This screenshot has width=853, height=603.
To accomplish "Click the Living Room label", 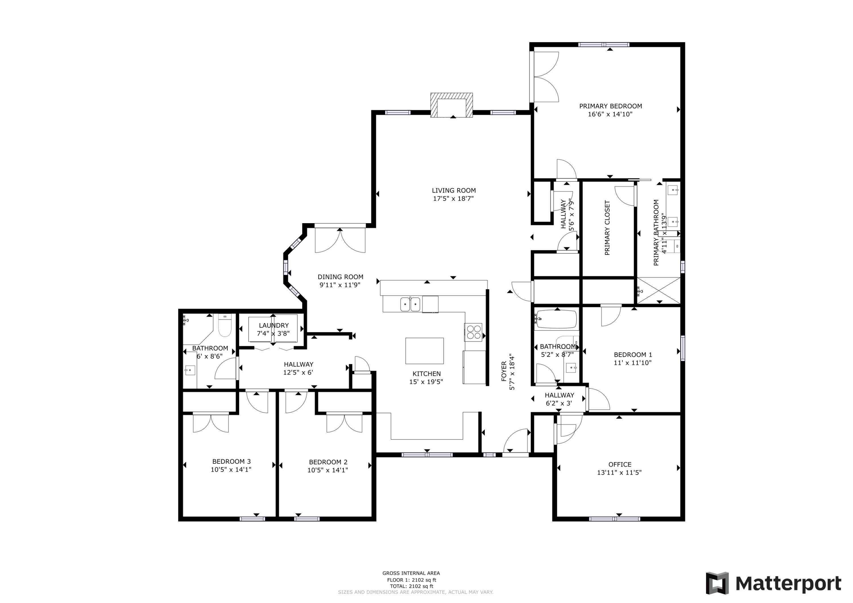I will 453,190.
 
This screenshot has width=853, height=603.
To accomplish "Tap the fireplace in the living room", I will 452,105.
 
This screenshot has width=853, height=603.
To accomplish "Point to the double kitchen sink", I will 410,304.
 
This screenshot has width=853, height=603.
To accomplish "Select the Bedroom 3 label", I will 231,461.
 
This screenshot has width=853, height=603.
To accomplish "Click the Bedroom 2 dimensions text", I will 327,470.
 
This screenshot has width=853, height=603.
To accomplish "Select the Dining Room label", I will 340,277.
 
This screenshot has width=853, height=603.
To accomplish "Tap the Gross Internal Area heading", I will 411,573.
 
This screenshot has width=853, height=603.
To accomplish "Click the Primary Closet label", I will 607,228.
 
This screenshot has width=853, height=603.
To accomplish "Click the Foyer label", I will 504,371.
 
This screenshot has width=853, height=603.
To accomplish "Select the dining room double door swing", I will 340,241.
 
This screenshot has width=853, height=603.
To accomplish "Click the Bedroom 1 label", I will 632,355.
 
